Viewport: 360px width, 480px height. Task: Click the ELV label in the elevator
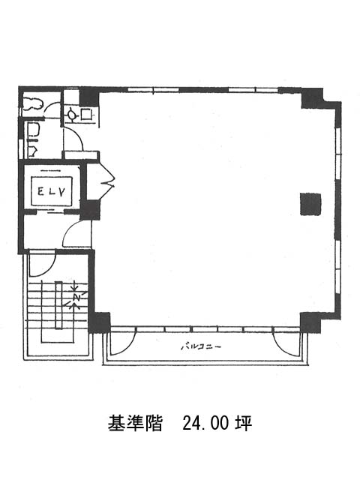click(52, 192)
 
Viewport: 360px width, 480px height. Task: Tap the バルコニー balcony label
click(200, 346)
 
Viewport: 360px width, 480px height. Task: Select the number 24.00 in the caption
click(205, 423)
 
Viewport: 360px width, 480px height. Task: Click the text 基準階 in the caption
click(135, 423)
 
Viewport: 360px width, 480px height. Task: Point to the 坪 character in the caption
click(244, 423)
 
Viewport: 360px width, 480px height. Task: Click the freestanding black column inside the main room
click(310, 204)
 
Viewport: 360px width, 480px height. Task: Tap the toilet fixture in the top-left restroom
click(32, 103)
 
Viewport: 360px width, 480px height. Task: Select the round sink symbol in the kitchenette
click(72, 115)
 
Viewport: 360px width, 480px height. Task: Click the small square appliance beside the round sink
click(86, 114)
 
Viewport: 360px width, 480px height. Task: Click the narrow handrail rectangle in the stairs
click(58, 305)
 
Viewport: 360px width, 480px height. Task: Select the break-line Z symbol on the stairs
click(76, 297)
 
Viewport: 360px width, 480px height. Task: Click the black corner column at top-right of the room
click(312, 98)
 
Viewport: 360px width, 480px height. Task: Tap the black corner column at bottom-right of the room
click(310, 322)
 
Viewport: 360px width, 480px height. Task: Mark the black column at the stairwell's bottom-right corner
click(100, 322)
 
